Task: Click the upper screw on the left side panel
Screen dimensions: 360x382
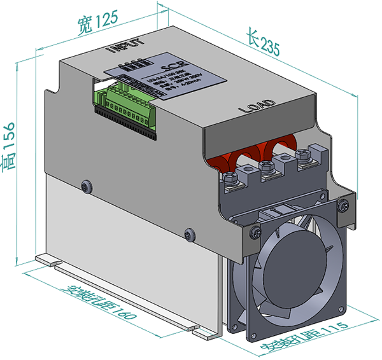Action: pos(87,186)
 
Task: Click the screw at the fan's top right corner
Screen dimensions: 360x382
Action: pos(344,205)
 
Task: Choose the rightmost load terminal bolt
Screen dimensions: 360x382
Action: pos(302,156)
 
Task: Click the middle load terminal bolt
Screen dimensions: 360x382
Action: pos(268,167)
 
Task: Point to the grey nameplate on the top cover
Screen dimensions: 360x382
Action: pos(169,77)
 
